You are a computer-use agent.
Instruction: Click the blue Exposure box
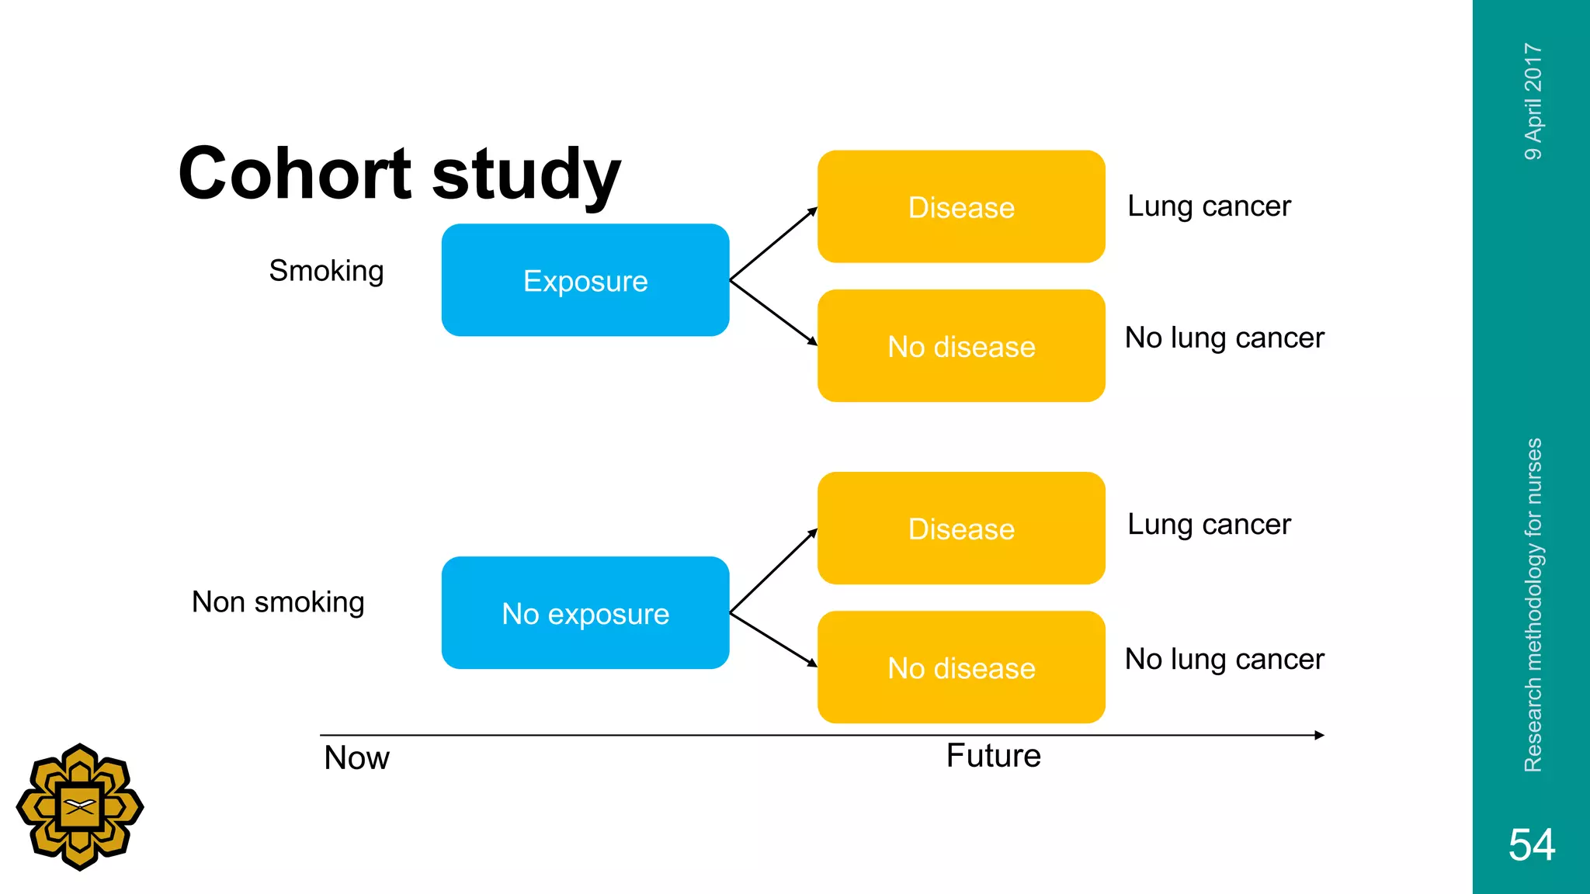pyautogui.click(x=585, y=280)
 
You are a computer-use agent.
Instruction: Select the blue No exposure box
pyautogui.click(x=585, y=613)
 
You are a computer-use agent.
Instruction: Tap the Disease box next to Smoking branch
pyautogui.click(x=961, y=207)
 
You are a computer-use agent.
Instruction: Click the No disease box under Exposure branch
pyautogui.click(x=961, y=346)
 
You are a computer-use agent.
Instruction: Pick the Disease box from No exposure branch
pyautogui.click(x=961, y=528)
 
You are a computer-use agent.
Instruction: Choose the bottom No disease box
pyautogui.click(x=961, y=667)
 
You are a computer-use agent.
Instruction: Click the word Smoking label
pyautogui.click(x=326, y=271)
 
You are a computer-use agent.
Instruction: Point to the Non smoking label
pyautogui.click(x=278, y=602)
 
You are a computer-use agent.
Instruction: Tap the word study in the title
pyautogui.click(x=526, y=175)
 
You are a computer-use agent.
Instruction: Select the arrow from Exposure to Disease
pyautogui.click(x=773, y=244)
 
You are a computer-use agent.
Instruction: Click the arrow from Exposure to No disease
pyautogui.click(x=773, y=312)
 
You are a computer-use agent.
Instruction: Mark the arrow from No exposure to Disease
pyautogui.click(x=773, y=571)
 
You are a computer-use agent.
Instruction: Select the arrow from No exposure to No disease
pyautogui.click(x=773, y=639)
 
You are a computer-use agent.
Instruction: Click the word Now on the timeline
pyautogui.click(x=356, y=757)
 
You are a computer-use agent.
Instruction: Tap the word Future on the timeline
pyautogui.click(x=993, y=756)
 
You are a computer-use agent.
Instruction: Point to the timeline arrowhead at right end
pyautogui.click(x=1319, y=735)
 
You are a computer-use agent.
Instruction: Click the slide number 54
pyautogui.click(x=1531, y=844)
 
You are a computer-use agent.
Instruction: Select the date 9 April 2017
pyautogui.click(x=1533, y=102)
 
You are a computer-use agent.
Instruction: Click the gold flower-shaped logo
pyautogui.click(x=80, y=807)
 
